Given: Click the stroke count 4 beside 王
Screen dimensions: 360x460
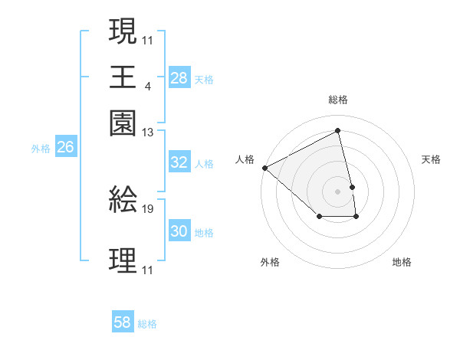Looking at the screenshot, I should click(147, 86).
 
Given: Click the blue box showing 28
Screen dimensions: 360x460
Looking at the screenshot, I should click(179, 78).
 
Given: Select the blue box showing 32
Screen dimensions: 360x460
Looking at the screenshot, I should click(179, 162).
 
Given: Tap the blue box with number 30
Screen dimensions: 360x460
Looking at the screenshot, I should click(179, 231).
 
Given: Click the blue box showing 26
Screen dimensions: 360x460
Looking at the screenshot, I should click(65, 148).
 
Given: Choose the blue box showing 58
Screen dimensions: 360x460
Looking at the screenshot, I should click(123, 322).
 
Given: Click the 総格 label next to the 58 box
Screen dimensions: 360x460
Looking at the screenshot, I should click(147, 324).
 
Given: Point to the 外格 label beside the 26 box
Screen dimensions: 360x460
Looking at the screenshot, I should click(41, 149).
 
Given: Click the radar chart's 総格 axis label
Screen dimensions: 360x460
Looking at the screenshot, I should click(338, 100).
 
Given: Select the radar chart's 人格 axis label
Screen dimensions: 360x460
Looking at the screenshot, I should click(245, 159).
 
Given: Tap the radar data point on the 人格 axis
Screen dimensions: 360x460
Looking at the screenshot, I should click(264, 167).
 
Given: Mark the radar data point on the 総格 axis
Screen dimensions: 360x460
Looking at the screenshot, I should click(338, 130).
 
